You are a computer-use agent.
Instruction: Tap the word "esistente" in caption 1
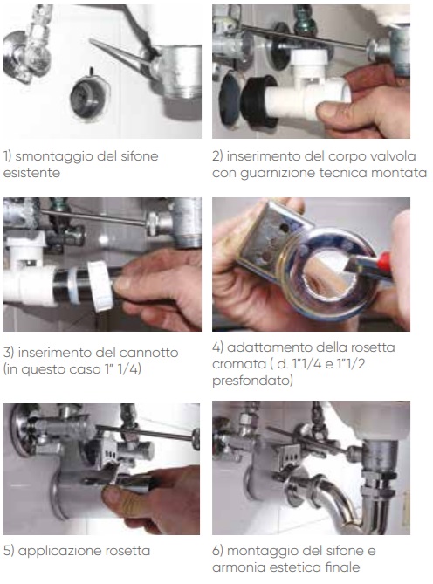coord(31,173)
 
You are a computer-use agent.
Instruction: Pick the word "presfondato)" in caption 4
coord(252,381)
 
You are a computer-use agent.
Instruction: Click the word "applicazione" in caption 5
coord(60,551)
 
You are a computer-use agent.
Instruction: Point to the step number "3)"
coord(8,353)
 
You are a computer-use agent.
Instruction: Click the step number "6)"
coord(217,551)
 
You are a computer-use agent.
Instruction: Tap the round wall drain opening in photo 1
coord(89,96)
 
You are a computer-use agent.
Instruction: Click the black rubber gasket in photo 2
coord(258,101)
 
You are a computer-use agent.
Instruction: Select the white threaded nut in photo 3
coord(100,285)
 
